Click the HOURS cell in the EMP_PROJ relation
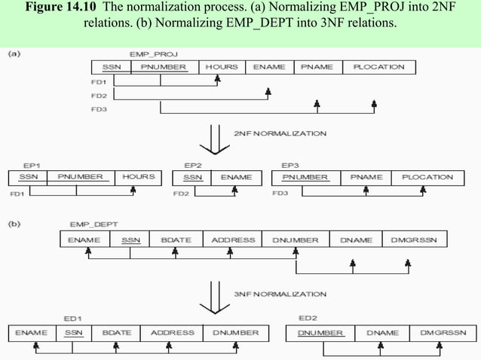[222, 67]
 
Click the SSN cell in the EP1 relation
[27, 177]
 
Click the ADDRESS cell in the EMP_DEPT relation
[233, 240]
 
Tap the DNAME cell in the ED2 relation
[381, 332]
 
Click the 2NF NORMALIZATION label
[280, 134]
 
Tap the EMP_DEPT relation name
[89, 224]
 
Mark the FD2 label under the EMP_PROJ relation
[99, 96]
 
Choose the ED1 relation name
[73, 318]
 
